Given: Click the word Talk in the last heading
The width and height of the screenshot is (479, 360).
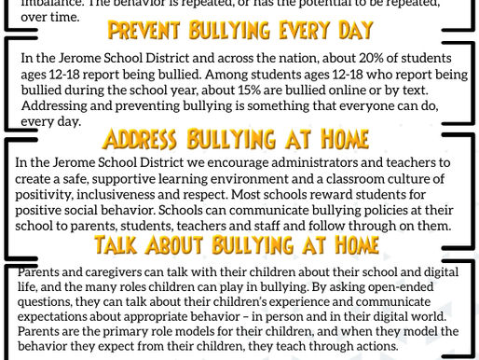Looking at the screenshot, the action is click(x=121, y=246).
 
